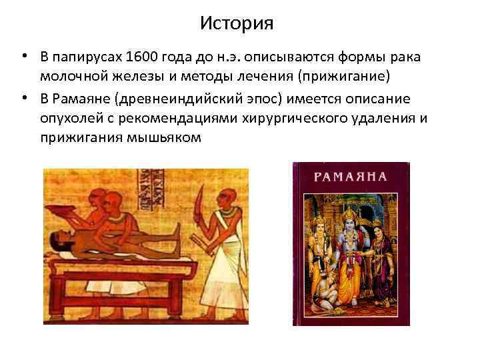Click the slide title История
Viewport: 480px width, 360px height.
point(237,24)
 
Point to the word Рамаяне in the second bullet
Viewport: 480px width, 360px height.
point(82,99)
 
